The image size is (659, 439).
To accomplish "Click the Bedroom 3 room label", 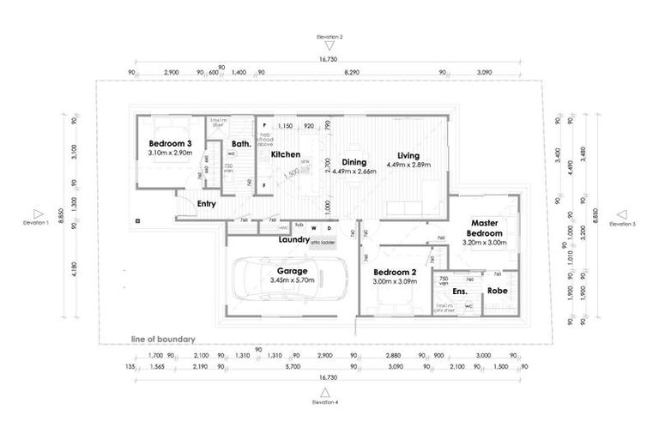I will pyautogui.click(x=169, y=143).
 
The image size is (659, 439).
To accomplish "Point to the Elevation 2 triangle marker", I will pyautogui.click(x=329, y=48).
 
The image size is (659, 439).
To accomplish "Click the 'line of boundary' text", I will pyautogui.click(x=163, y=338).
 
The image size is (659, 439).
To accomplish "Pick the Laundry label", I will pyautogui.click(x=293, y=239).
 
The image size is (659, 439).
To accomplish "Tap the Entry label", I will pyautogui.click(x=206, y=204).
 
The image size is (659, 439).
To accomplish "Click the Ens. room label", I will pyautogui.click(x=460, y=292).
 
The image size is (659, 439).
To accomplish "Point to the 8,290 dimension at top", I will pyautogui.click(x=351, y=74).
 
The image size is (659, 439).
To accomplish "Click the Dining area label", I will pyautogui.click(x=354, y=161).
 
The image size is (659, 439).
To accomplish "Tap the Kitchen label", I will pyautogui.click(x=285, y=154).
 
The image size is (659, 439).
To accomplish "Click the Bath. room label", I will pyautogui.click(x=241, y=144).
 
